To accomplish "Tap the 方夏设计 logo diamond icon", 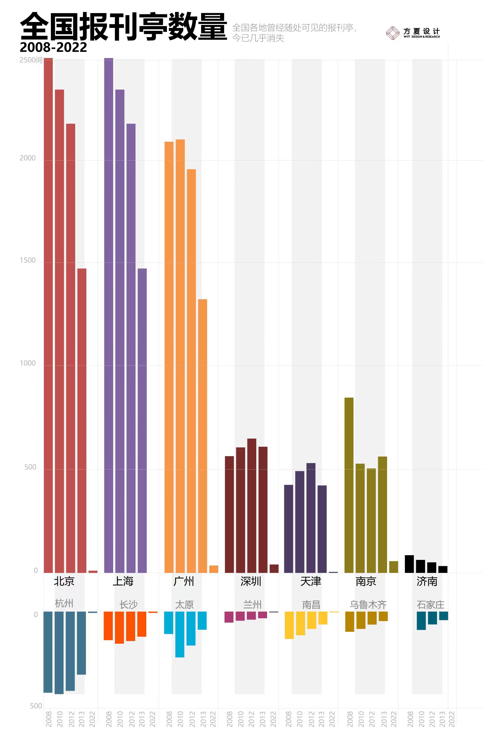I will click(393, 33).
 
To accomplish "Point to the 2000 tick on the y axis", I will click(28, 158).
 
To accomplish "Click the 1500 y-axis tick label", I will click(28, 260).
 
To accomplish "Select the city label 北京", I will click(64, 581).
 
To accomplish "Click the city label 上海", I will click(123, 581).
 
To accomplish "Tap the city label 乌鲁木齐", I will click(368, 604).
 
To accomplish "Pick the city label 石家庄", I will click(430, 604).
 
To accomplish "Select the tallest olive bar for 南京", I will click(349, 485).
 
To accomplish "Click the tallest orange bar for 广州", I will click(180, 356).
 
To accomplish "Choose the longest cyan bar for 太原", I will click(180, 634).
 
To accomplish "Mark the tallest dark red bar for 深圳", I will click(252, 505).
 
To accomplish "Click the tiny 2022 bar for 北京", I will click(93, 572).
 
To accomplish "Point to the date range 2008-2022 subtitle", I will click(53, 47).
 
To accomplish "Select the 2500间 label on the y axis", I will click(31, 60).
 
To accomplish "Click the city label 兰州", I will click(252, 604).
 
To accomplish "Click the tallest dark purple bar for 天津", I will click(311, 518).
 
